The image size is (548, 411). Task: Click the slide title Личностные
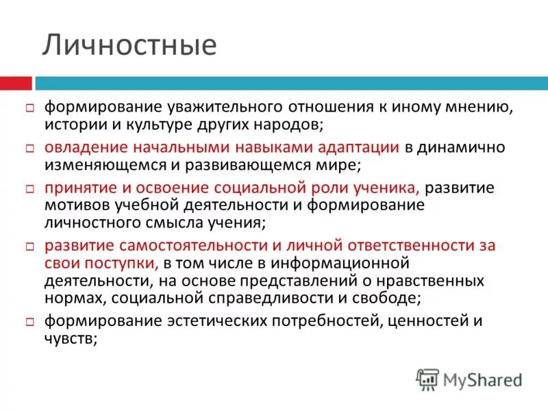point(130,45)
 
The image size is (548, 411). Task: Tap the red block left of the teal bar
point(16,83)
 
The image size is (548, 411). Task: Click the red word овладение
point(85,148)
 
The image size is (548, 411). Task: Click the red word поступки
point(128,262)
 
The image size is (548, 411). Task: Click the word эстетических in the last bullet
point(195,321)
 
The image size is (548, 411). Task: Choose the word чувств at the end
point(72,338)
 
